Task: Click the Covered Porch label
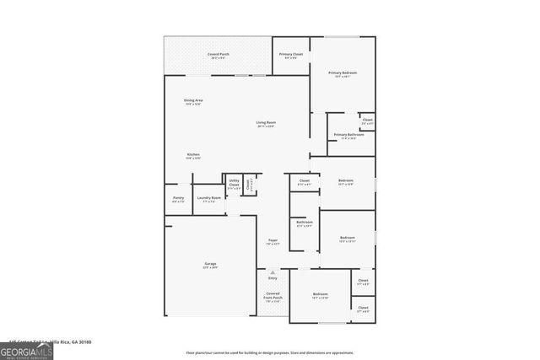point(219,55)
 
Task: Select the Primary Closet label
point(291,56)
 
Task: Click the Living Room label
point(267,124)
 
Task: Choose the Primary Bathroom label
point(348,136)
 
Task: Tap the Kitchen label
point(193,156)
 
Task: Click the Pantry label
point(178,199)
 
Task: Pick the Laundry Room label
point(209,199)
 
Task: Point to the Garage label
point(210,265)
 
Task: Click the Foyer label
point(273,242)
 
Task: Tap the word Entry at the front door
point(273,278)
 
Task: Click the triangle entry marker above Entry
point(273,271)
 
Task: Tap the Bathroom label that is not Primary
point(305,223)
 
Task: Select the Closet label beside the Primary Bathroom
point(367,121)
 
